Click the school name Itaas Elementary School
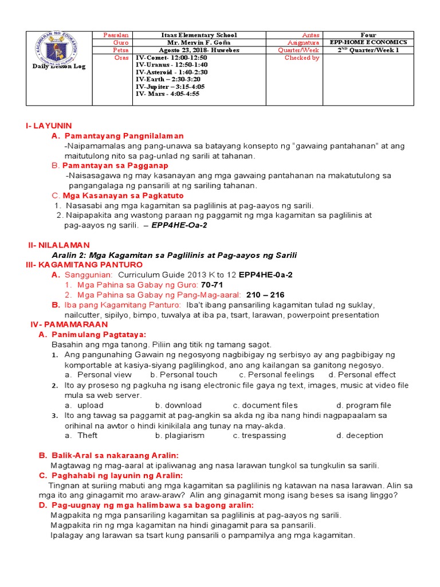199,35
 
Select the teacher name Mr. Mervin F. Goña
199,42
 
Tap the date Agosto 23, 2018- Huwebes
199,50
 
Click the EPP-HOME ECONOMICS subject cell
376,42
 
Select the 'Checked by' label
301,58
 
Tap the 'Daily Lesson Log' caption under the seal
59,66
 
